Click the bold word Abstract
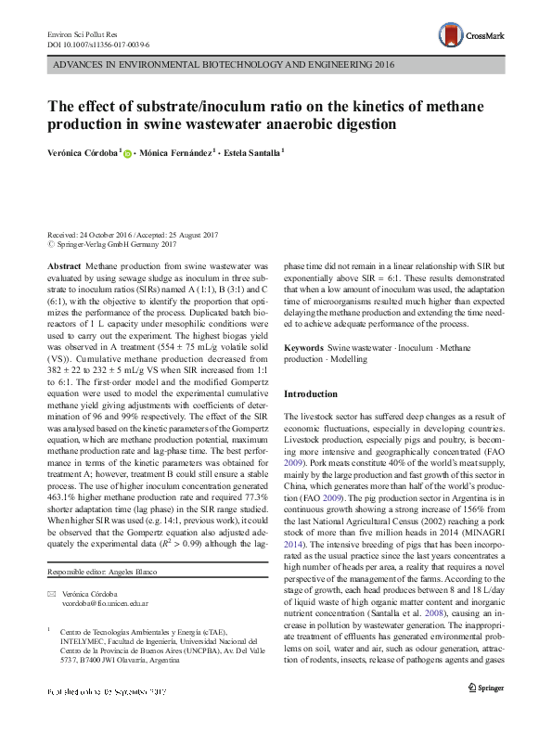click(64, 264)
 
